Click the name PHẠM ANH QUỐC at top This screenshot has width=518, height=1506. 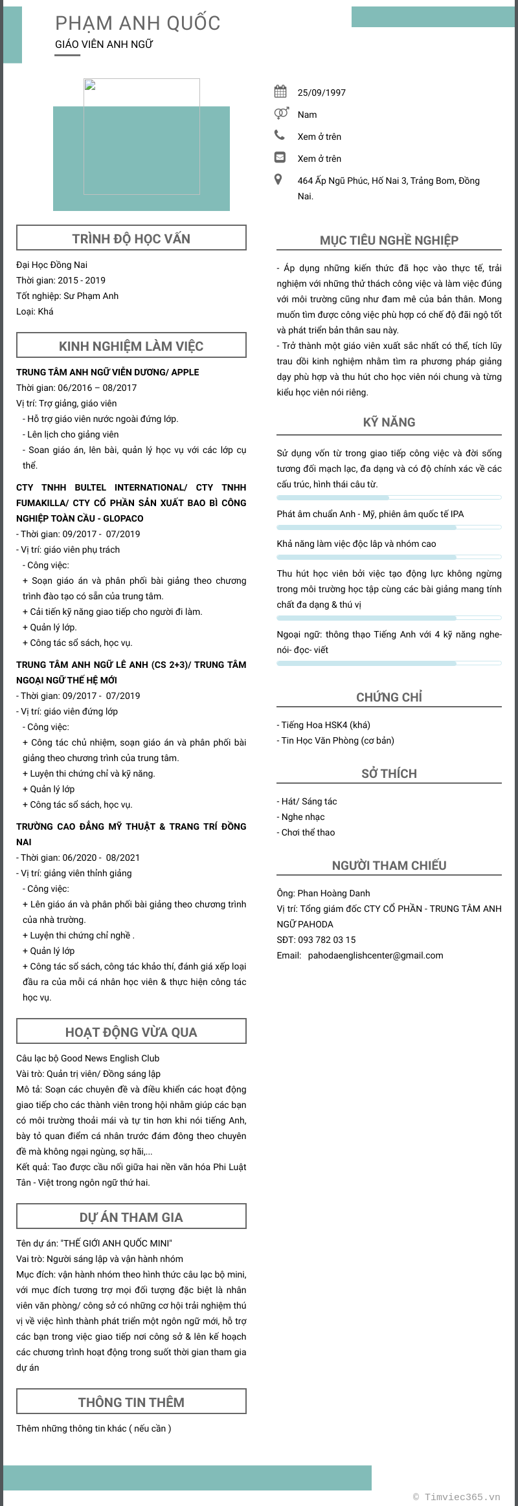point(137,23)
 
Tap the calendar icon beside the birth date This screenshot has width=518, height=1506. point(280,91)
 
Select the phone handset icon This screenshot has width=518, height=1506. point(280,135)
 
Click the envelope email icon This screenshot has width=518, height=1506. point(280,157)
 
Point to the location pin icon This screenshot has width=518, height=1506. point(278,179)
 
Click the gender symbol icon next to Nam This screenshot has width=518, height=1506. point(280,113)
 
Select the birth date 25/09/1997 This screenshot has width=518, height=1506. point(321,93)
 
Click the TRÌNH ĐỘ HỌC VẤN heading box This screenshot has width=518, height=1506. point(131,238)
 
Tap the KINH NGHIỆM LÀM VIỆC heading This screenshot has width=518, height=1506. point(131,346)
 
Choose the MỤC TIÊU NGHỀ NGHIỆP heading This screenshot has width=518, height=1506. point(388,240)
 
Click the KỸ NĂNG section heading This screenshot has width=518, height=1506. point(388,422)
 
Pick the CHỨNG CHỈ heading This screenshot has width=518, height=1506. point(388,697)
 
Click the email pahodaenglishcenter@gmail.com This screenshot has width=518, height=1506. point(375,955)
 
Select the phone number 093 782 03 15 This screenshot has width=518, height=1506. point(326,940)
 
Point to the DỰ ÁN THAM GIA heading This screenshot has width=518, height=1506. point(131,1217)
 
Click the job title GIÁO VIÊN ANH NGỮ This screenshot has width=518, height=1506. point(104,45)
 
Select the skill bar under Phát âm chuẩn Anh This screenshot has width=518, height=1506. point(388,527)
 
